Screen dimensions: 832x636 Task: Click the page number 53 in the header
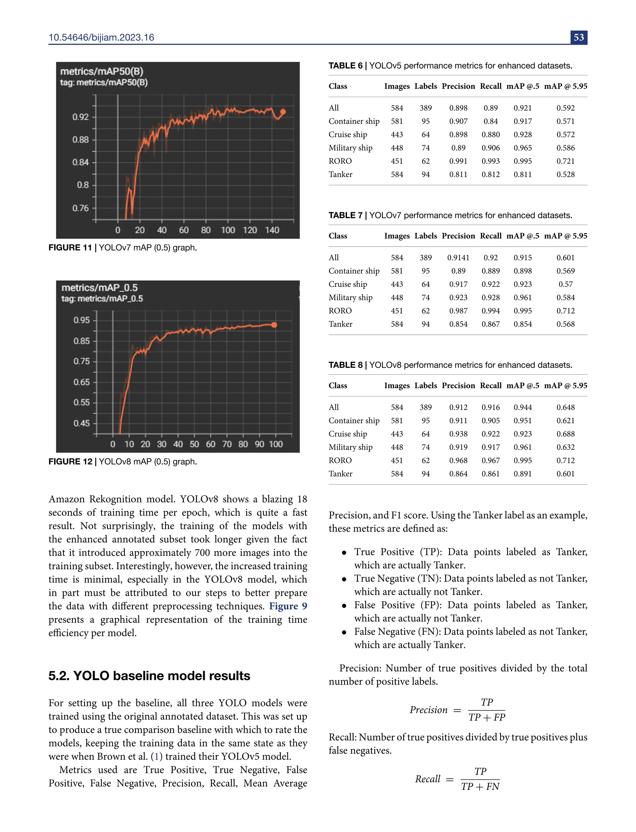(x=579, y=38)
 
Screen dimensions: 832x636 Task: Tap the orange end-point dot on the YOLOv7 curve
(x=283, y=112)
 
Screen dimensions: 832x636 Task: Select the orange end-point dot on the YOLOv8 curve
(x=274, y=325)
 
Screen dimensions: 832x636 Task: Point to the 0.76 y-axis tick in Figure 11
(x=81, y=208)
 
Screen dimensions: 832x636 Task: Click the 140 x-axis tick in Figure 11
(x=272, y=230)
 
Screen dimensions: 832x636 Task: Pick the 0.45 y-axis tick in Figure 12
(x=82, y=423)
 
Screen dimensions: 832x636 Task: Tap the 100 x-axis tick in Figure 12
(x=275, y=444)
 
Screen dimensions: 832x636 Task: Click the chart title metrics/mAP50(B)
(x=102, y=71)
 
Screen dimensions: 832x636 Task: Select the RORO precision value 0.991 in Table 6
(x=458, y=161)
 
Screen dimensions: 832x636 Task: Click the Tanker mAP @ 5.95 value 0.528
(x=565, y=174)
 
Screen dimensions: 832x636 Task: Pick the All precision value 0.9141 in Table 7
(x=458, y=257)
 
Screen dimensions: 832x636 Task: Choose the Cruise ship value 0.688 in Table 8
(x=565, y=434)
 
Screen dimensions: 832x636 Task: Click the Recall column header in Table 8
(x=491, y=385)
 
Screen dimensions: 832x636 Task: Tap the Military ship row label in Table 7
(x=350, y=297)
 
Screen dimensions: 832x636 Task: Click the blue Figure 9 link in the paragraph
(x=288, y=606)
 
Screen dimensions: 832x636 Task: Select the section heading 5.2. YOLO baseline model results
(x=149, y=675)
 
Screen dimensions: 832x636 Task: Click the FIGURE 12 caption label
(x=70, y=461)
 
